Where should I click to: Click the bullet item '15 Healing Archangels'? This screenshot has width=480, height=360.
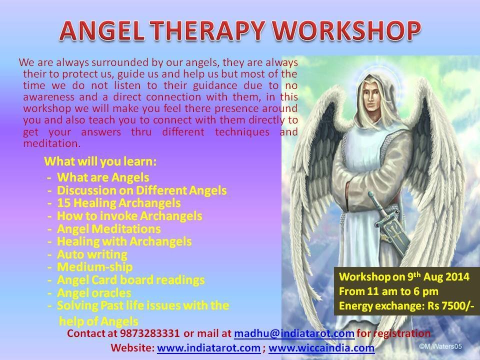(119, 203)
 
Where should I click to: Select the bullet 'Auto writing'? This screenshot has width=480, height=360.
(92, 254)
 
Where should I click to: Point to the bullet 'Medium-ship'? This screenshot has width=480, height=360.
(95, 267)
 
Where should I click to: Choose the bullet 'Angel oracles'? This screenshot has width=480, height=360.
(94, 293)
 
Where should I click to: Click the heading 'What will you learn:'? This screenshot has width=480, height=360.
(100, 161)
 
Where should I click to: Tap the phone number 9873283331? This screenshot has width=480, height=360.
(149, 333)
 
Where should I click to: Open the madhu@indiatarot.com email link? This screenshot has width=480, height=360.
(294, 333)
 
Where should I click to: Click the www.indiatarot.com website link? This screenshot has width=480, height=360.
(209, 348)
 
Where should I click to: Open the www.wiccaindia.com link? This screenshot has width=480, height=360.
(321, 348)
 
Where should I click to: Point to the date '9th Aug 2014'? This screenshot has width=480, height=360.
(438, 276)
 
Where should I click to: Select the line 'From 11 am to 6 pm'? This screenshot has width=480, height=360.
(388, 291)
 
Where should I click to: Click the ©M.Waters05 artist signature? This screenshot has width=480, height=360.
(440, 346)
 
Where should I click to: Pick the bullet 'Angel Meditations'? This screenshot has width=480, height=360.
(108, 228)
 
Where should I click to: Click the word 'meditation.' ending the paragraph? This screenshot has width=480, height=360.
(51, 143)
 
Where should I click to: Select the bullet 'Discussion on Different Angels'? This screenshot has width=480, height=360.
(141, 190)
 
